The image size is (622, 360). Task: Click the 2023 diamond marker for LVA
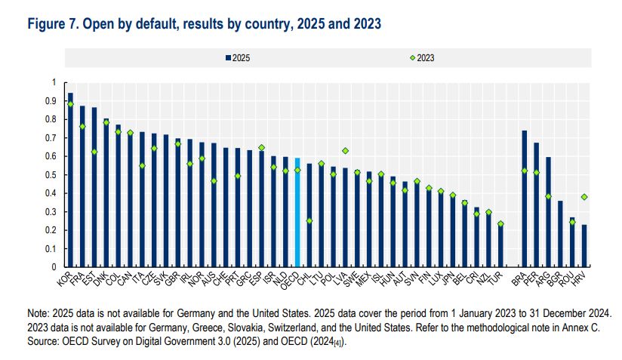pos(345,150)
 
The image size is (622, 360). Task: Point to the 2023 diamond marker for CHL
pos(309,220)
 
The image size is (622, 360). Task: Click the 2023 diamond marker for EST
pos(94,152)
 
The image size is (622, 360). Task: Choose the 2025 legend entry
pos(239,57)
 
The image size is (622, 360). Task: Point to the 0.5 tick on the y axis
pos(54,174)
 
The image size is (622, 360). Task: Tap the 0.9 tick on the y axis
pos(54,100)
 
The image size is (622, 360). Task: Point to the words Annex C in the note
pos(586,326)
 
